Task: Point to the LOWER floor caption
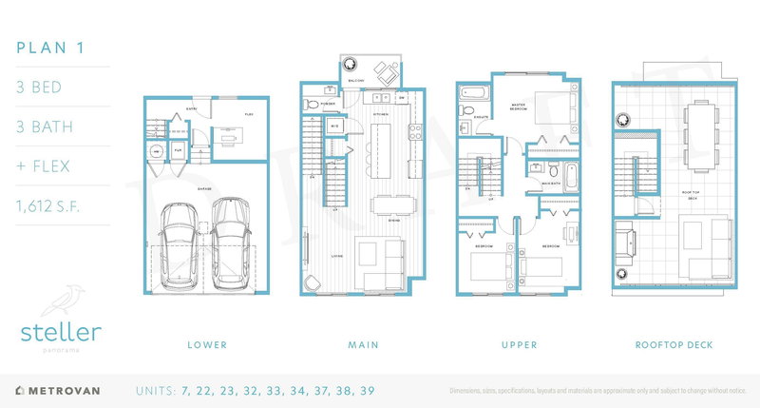[x=208, y=343]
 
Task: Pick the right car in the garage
[x=232, y=243]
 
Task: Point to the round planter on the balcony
[x=350, y=66]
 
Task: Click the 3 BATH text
[x=44, y=126]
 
